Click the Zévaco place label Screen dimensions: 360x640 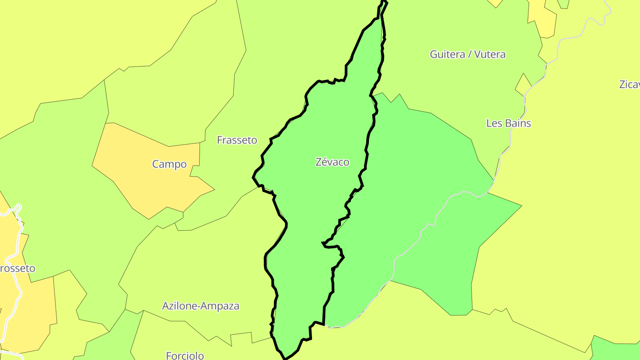point(332,162)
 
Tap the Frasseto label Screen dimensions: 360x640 point(237,140)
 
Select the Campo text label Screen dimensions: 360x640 point(169,164)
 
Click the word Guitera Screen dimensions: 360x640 point(446,54)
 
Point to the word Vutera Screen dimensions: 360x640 point(489,54)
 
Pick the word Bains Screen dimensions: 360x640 point(517,124)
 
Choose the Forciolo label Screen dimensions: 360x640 point(185,356)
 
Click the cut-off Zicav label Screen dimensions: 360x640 point(629,84)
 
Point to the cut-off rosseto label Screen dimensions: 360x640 point(17,268)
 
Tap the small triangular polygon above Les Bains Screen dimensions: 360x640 point(523,84)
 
